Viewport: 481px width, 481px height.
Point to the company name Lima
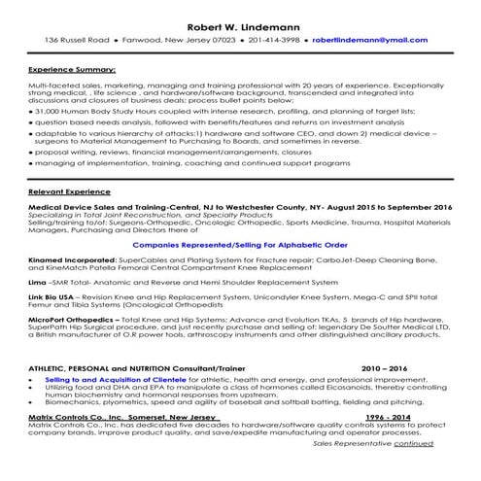(38, 281)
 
